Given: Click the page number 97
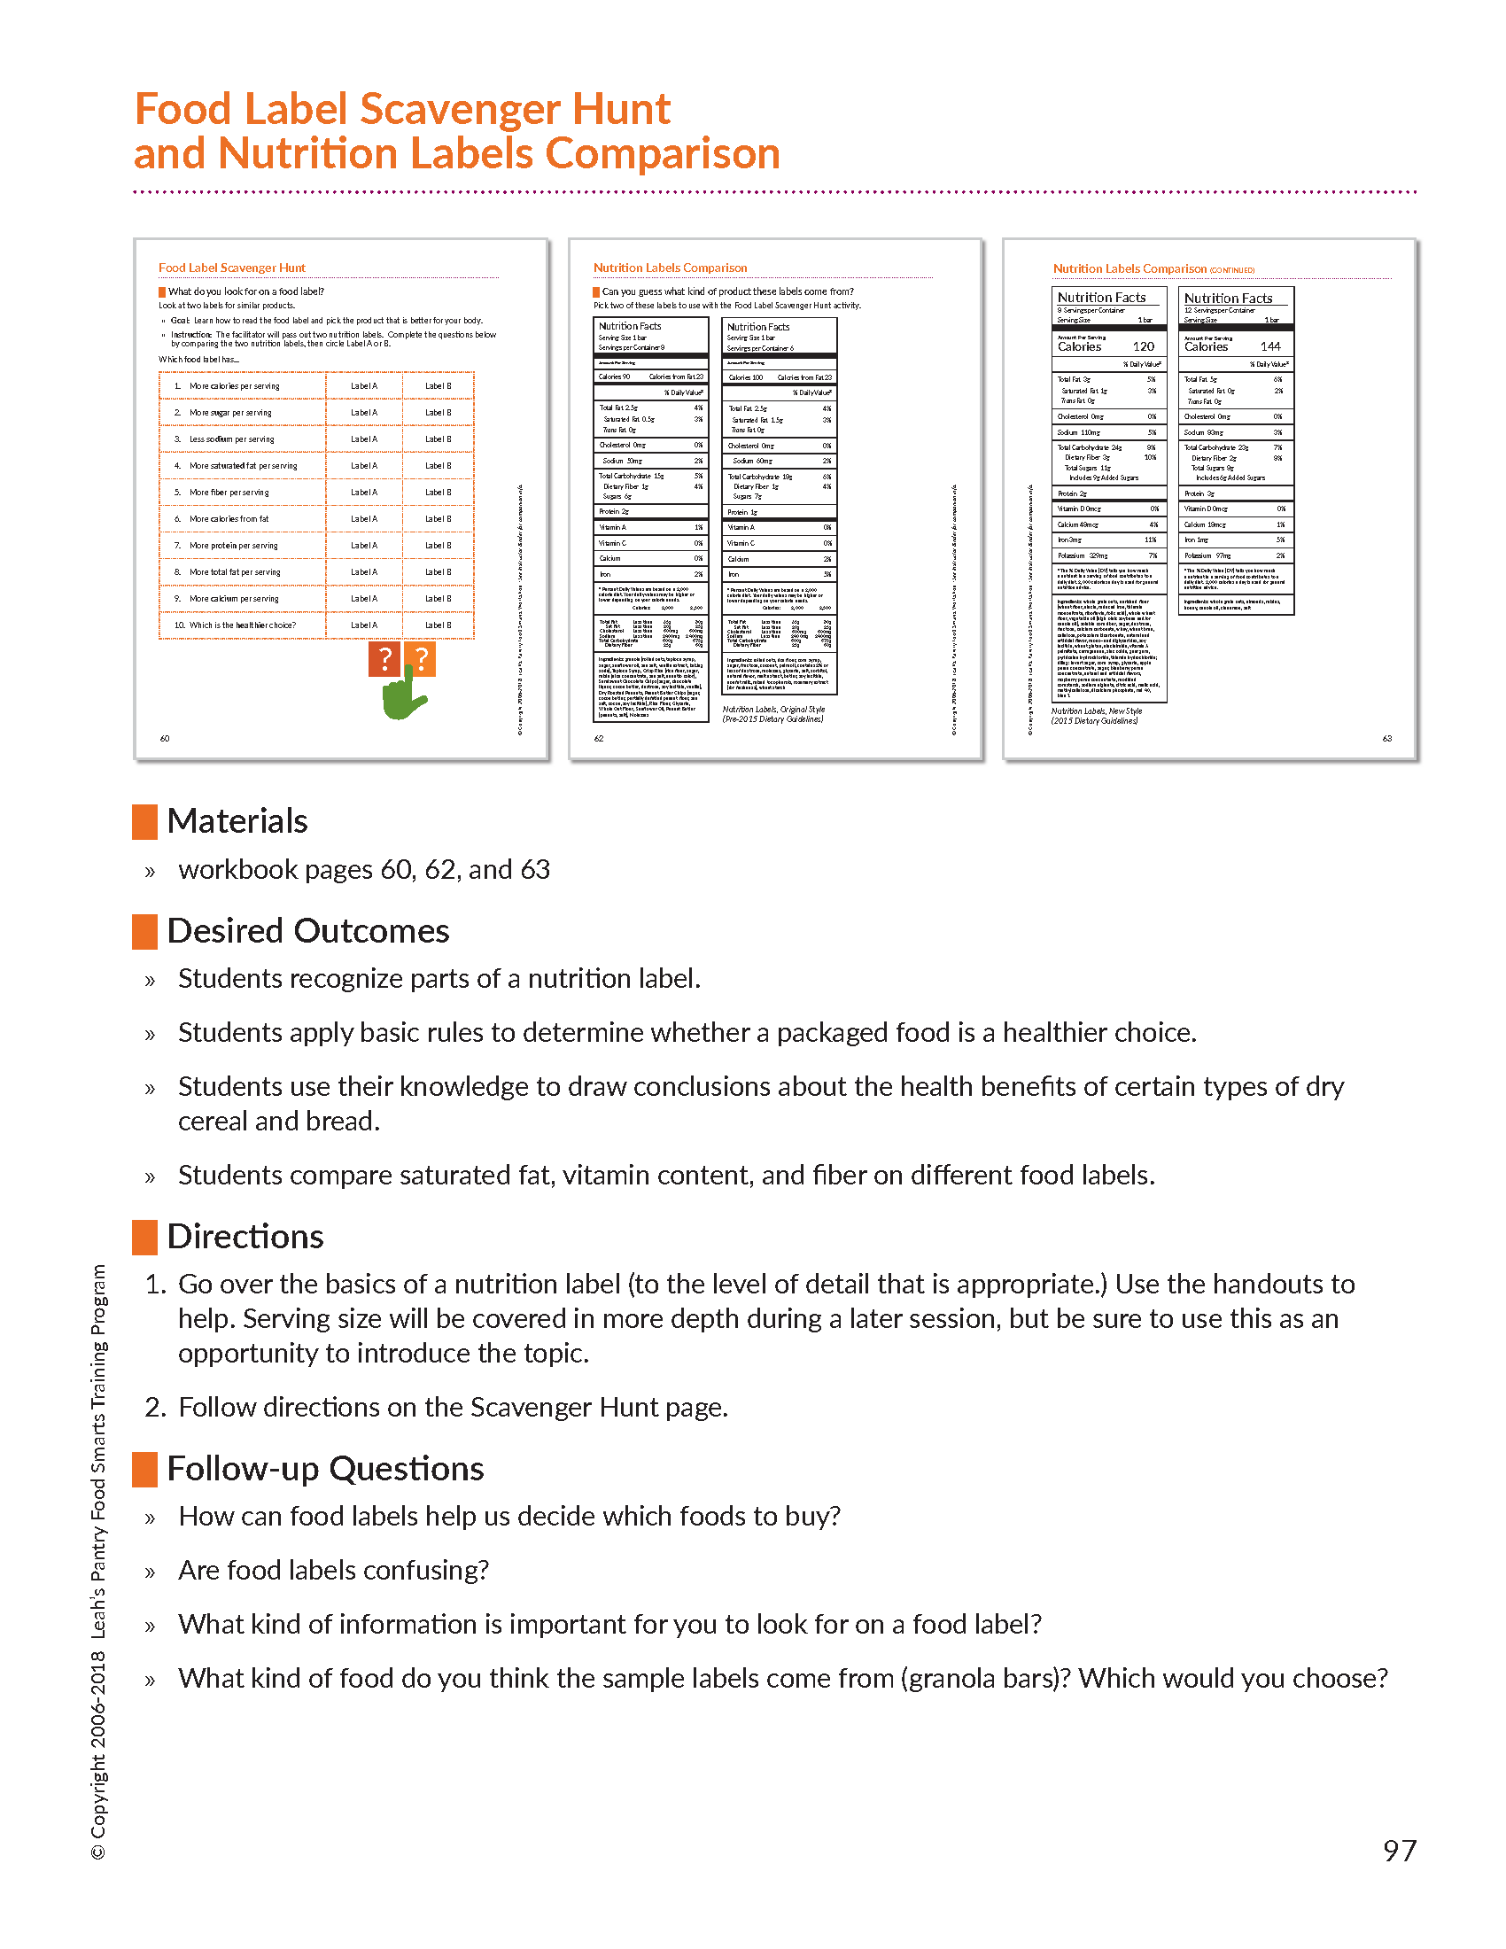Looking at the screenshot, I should tap(1399, 1851).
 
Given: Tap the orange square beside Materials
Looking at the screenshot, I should tap(144, 821).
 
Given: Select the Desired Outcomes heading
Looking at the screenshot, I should tap(307, 931).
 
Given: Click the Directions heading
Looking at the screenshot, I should tap(245, 1237).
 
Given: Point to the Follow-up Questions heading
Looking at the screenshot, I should tap(325, 1469).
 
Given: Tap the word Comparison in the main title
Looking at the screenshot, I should tap(662, 153).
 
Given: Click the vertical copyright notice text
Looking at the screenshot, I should tap(98, 1562).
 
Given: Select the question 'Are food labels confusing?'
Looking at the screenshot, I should tap(334, 1571).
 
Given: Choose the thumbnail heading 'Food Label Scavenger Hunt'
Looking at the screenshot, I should tap(232, 268).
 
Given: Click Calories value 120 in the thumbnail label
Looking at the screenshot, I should tap(1144, 346).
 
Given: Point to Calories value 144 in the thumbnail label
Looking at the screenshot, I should tap(1270, 346).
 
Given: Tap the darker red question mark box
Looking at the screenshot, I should tap(384, 659).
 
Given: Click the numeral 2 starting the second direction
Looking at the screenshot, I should tap(154, 1408).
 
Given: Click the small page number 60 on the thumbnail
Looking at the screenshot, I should tap(165, 738).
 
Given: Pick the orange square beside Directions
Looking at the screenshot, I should tap(144, 1237).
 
